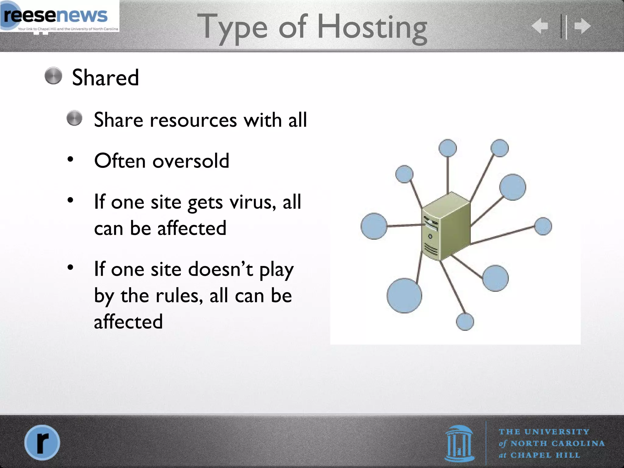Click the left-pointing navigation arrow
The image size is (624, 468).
(540, 26)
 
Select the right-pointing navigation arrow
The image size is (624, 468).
(583, 26)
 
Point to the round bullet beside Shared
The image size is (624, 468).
(53, 76)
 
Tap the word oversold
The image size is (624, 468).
(191, 161)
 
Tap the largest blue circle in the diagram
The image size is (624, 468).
(404, 296)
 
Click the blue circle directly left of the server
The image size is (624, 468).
(374, 226)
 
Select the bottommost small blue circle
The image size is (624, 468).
(465, 322)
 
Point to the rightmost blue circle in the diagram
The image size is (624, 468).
(543, 226)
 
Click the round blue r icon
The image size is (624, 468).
(42, 442)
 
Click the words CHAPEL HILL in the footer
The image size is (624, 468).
(545, 455)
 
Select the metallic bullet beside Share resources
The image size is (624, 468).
(75, 118)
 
